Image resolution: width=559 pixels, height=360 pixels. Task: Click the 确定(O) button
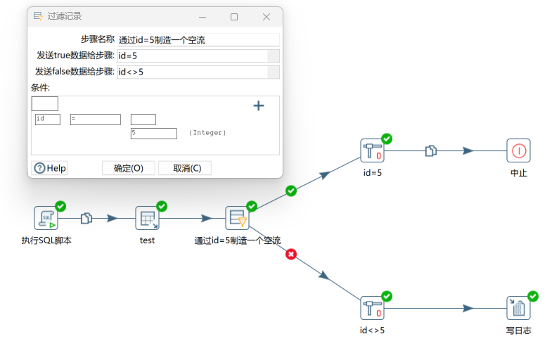[129, 168]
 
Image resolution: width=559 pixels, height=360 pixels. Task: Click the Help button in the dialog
[50, 168]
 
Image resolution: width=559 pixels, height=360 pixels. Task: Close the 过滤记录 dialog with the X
[266, 17]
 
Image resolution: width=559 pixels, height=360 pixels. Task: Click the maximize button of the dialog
[234, 17]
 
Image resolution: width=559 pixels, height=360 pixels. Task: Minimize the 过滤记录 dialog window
[202, 17]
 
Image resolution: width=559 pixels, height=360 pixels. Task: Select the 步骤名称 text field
[198, 40]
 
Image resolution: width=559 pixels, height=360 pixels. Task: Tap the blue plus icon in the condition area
[259, 105]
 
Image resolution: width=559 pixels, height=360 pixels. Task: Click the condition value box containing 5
[153, 133]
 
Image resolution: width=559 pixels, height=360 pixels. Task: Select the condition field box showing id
[48, 120]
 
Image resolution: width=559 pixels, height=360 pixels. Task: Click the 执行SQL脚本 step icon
[46, 218]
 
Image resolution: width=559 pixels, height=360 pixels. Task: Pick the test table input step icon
[147, 218]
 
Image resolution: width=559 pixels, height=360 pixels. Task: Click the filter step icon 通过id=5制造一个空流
[237, 218]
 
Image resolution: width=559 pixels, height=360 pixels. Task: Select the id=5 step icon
[372, 150]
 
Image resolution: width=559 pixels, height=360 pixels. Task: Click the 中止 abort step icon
[518, 150]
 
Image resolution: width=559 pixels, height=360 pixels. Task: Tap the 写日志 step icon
[518, 308]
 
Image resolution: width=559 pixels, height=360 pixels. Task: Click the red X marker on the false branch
[291, 254]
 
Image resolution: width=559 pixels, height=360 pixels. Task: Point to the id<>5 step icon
[372, 308]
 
